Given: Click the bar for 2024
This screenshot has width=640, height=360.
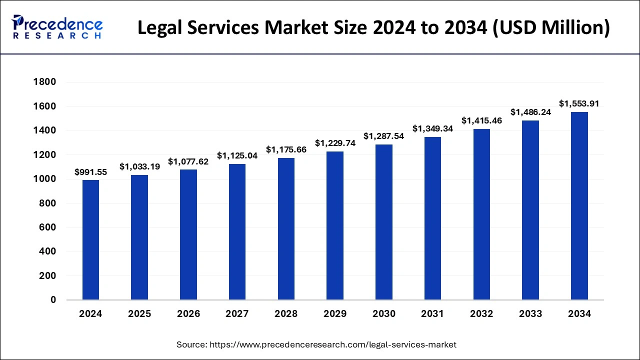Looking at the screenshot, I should [x=90, y=240].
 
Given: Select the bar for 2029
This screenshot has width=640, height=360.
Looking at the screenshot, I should [x=335, y=225].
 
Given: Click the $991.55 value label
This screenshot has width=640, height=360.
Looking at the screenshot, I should [x=90, y=172].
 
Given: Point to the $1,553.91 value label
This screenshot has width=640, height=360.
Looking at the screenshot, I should [x=579, y=104].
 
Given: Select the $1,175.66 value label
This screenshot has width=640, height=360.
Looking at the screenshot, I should [x=286, y=149].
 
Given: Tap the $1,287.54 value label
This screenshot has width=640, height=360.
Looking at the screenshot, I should [x=384, y=136].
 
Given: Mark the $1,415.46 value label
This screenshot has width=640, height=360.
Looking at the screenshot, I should [x=481, y=120].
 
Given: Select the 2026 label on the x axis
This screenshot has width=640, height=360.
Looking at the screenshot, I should [x=188, y=314].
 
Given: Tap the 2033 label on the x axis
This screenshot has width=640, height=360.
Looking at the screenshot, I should [x=530, y=314].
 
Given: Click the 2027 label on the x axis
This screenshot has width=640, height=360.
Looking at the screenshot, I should [x=237, y=314].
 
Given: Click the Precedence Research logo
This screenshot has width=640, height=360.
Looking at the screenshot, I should [x=57, y=27].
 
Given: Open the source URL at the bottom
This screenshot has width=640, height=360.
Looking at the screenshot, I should [x=316, y=344].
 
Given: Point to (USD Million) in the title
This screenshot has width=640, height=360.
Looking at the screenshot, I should [x=552, y=28].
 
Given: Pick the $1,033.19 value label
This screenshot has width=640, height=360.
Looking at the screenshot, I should [x=139, y=167].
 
